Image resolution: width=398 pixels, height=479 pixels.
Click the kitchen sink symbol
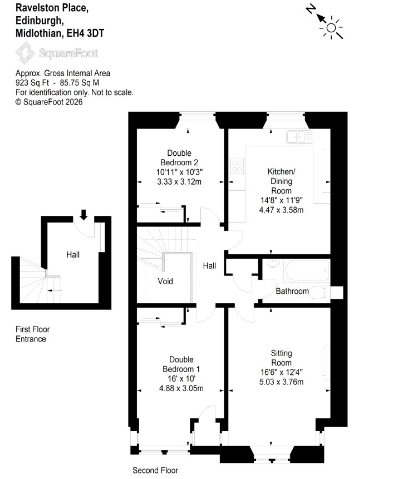pyautogui.click(x=299, y=137)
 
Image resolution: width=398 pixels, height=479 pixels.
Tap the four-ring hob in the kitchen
pyautogui.click(x=237, y=166)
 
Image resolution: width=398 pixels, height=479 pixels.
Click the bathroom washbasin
pyautogui.click(x=271, y=263)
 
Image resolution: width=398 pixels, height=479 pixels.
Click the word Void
pyautogui.click(x=165, y=281)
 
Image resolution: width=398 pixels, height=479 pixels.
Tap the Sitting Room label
pyautogui.click(x=281, y=358)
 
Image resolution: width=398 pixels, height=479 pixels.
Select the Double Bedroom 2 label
pyautogui.click(x=179, y=157)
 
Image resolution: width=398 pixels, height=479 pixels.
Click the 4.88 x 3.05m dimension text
pyautogui.click(x=181, y=388)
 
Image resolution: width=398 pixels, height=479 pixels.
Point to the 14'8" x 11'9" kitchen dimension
pyautogui.click(x=281, y=200)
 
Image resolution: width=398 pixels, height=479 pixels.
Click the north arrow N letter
pyautogui.click(x=311, y=10)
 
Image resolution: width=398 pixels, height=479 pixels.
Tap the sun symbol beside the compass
pyautogui.click(x=331, y=28)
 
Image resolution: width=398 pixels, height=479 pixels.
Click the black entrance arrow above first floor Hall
pyautogui.click(x=83, y=215)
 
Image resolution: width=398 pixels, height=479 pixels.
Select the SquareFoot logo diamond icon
pyautogui.click(x=26, y=53)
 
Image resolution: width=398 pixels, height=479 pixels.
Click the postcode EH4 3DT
pyautogui.click(x=85, y=33)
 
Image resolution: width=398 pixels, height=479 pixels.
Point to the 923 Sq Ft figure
pyautogui.click(x=32, y=83)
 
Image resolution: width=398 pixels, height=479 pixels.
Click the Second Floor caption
pyautogui.click(x=155, y=470)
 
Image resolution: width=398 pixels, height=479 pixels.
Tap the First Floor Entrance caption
pyautogui.click(x=33, y=334)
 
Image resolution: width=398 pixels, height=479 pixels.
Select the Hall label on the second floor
pyautogui.click(x=209, y=266)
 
